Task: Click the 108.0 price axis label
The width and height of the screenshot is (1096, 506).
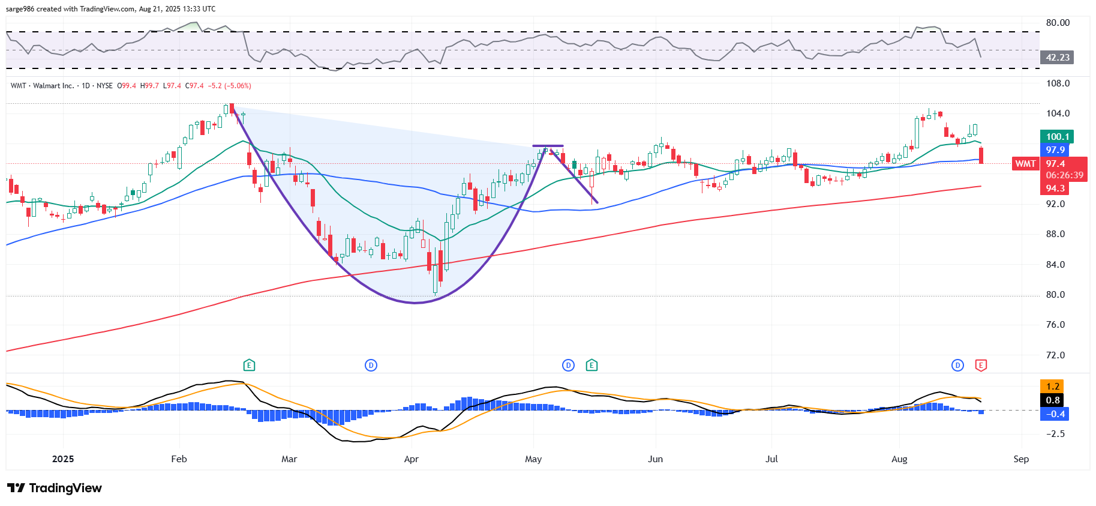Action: tap(1058, 83)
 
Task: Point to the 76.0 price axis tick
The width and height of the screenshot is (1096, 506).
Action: tap(1055, 325)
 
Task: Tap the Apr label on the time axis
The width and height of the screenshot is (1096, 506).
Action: tap(411, 459)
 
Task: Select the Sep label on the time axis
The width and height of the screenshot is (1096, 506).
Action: tap(1021, 459)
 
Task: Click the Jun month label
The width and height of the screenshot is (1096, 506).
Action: tap(655, 459)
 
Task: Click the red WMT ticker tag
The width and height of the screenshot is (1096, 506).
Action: tap(1025, 164)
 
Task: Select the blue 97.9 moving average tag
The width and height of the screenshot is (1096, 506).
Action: tap(1055, 150)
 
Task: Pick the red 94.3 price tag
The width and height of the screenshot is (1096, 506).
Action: tap(1055, 188)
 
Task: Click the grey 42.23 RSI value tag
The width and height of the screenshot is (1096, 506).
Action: tap(1057, 58)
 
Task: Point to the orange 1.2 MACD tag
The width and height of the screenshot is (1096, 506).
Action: tap(1053, 387)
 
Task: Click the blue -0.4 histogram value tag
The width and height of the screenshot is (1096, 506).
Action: tap(1055, 414)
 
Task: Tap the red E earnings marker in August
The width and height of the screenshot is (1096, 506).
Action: tap(981, 365)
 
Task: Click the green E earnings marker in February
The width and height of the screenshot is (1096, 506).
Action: tap(249, 365)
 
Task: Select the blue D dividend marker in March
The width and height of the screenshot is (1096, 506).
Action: tap(371, 365)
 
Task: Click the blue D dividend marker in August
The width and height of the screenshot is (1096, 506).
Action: tap(957, 365)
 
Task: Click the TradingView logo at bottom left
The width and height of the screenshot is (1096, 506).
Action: tap(55, 488)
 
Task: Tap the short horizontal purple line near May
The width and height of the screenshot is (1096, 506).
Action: tap(548, 146)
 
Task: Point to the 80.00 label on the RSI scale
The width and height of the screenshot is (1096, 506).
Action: tap(1058, 23)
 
